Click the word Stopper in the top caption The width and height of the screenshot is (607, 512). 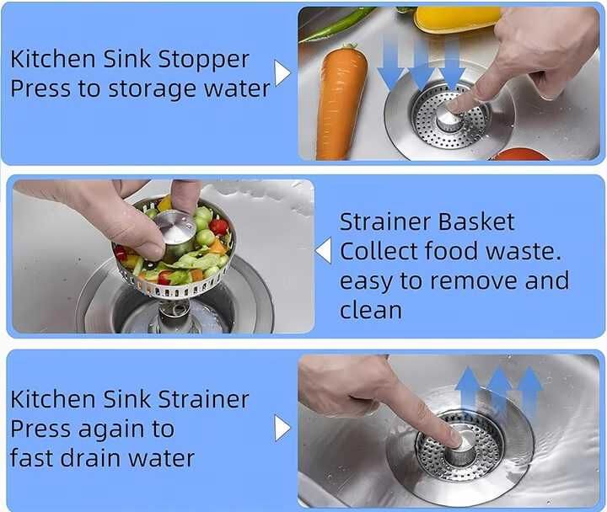pyautogui.click(x=203, y=60)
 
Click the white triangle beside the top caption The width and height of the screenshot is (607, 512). pyautogui.click(x=282, y=72)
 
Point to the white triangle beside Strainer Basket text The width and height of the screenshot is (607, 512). pyautogui.click(x=323, y=251)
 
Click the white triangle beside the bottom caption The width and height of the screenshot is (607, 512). pyautogui.click(x=282, y=428)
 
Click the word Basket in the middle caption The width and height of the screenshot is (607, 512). pyautogui.click(x=476, y=221)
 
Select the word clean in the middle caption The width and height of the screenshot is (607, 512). pyautogui.click(x=370, y=310)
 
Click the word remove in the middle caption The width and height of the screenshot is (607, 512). pyautogui.click(x=475, y=281)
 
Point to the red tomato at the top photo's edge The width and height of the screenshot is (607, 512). pyautogui.click(x=518, y=154)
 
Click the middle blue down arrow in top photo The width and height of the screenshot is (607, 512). pyautogui.click(x=422, y=64)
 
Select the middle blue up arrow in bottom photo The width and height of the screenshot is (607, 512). pyautogui.click(x=498, y=390)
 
